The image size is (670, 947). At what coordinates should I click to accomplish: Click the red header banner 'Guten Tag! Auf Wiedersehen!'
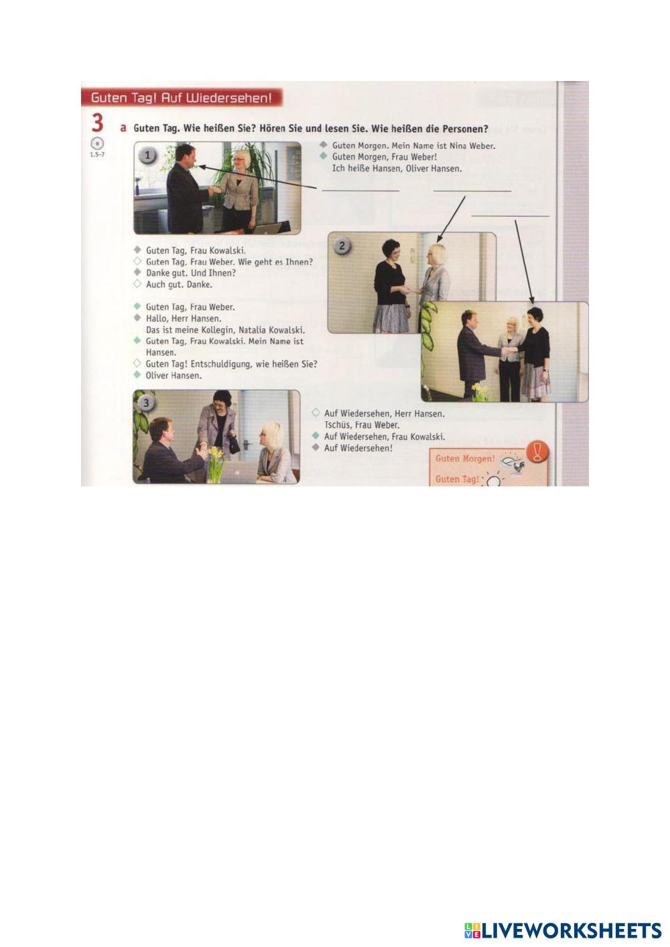tap(182, 98)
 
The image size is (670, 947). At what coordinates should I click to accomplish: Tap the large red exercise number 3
tap(97, 124)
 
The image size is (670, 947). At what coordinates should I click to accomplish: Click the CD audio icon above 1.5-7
tap(97, 144)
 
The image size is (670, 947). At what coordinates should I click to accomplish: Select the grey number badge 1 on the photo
tap(147, 155)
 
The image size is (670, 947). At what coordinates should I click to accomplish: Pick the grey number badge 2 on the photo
tap(342, 245)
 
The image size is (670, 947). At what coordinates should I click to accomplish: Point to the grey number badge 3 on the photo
tap(146, 403)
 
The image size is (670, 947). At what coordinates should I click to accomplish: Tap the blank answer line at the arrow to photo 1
tap(360, 191)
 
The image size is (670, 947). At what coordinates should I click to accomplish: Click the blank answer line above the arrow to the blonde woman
tap(472, 191)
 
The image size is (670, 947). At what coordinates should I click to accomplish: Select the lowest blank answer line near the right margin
tap(510, 216)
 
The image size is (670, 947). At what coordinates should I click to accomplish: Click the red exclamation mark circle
tap(537, 451)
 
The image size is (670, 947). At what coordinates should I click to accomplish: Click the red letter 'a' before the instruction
tap(123, 128)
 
